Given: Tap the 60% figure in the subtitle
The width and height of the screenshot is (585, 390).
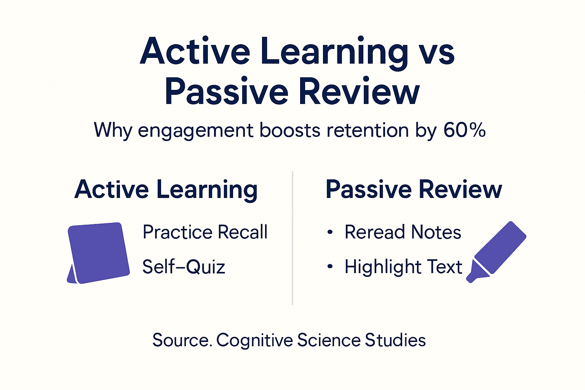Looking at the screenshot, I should tap(464, 130).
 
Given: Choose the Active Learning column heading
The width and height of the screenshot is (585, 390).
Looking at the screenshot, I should tap(166, 190).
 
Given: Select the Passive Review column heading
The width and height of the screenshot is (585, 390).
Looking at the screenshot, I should tap(414, 189).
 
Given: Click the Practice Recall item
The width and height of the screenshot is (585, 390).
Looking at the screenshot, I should tap(205, 232).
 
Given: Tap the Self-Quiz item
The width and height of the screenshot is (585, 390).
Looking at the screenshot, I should tap(184, 267).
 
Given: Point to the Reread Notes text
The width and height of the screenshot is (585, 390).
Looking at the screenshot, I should tap(403, 232).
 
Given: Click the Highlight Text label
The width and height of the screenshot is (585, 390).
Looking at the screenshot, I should tap(403, 267).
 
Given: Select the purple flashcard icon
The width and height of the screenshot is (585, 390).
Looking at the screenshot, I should tap(99, 253).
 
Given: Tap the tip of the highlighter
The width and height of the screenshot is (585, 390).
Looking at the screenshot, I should tap(471, 280).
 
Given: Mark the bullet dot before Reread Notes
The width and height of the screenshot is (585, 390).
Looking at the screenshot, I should tap(330, 232).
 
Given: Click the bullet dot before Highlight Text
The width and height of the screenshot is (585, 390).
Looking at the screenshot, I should tap(330, 267).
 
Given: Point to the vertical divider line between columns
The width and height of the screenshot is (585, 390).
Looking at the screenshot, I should tap(292, 238).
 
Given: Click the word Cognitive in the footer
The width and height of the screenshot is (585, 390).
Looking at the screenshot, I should tap(254, 340).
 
